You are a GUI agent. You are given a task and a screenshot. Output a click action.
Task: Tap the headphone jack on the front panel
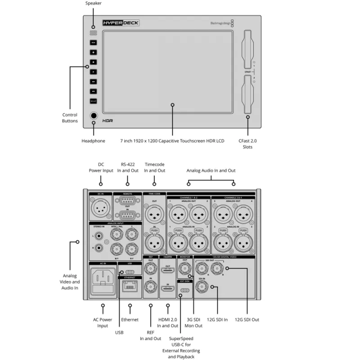pyautogui.click(x=94, y=116)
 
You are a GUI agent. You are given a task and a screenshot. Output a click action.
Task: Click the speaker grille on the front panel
pyautogui.click(x=93, y=32)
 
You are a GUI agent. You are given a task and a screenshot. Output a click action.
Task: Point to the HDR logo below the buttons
pyautogui.click(x=107, y=121)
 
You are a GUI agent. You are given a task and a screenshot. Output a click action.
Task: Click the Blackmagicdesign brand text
pyautogui.click(x=220, y=23)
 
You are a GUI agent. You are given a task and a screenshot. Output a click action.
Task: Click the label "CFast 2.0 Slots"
pyautogui.click(x=248, y=144)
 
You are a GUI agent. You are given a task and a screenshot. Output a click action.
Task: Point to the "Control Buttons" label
pyautogui.click(x=70, y=118)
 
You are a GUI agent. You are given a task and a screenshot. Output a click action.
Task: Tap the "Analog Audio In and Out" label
pyautogui.click(x=211, y=171)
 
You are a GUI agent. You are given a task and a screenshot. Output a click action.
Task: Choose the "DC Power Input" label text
pyautogui.click(x=101, y=167)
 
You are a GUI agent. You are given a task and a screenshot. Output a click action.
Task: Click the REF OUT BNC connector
pyautogui.click(x=150, y=270)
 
